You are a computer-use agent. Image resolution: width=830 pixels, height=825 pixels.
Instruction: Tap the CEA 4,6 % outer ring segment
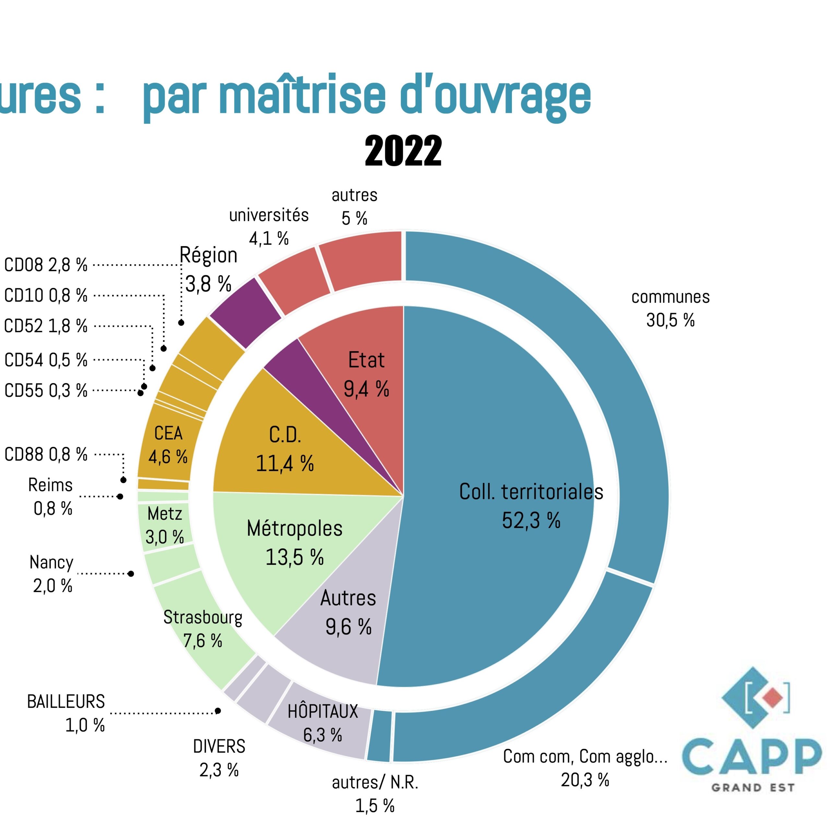(168, 445)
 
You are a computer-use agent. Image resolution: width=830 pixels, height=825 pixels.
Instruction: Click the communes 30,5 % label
(670, 308)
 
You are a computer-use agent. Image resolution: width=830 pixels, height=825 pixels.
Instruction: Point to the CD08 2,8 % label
(45, 265)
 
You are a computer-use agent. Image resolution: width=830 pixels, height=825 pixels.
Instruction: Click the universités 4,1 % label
(268, 226)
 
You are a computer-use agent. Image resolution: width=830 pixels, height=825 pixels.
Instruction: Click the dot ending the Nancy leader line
(131, 574)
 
